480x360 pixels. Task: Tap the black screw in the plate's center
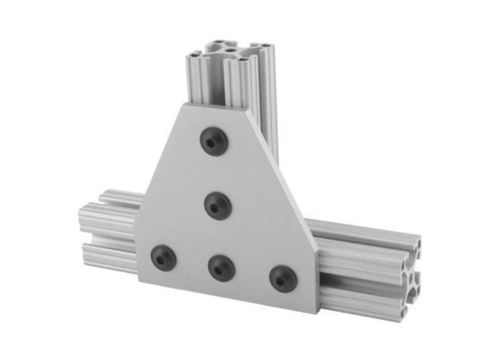(x=218, y=206)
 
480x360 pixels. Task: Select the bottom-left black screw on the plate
(x=163, y=258)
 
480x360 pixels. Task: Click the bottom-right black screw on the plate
(x=283, y=279)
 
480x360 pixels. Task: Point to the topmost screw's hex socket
(x=213, y=141)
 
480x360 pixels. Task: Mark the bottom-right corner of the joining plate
(x=317, y=312)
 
